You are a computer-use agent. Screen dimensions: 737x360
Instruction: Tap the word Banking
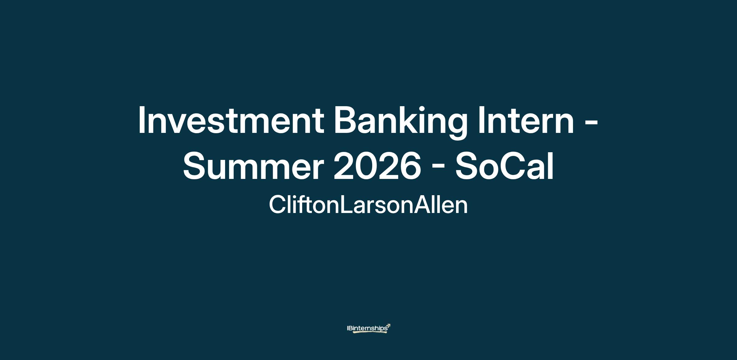click(400, 122)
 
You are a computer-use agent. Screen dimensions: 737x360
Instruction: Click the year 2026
click(377, 166)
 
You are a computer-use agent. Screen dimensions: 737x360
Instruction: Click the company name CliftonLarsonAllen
click(368, 205)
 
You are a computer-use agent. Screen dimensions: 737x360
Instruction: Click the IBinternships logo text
click(367, 328)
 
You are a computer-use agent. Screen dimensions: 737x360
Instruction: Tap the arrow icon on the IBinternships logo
click(388, 326)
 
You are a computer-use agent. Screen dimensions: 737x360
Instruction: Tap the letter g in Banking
click(456, 127)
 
